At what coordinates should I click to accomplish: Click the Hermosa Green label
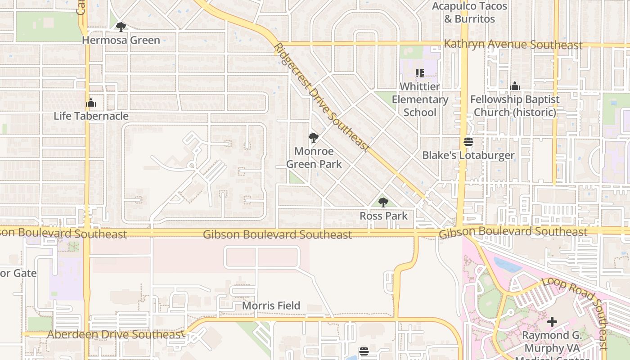point(121,40)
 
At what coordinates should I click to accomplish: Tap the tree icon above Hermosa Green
point(121,27)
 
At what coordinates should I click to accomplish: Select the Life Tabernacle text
point(91,116)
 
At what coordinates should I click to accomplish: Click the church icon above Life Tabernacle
point(91,103)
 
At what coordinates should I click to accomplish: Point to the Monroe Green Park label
point(314,157)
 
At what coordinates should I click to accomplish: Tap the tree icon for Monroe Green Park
point(314,138)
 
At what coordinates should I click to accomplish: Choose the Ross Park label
point(383,216)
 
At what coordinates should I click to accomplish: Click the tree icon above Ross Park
point(383,202)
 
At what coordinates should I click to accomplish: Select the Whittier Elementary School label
point(419,99)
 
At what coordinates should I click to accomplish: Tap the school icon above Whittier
point(419,73)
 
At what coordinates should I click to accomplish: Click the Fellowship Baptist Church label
point(515,105)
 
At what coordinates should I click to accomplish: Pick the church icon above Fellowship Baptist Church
point(515,86)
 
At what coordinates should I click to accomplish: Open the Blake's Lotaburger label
point(468,156)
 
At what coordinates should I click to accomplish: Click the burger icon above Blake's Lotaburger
point(468,142)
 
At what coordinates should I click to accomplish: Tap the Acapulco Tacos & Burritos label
point(469,13)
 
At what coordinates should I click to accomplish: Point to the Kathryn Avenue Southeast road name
point(513,45)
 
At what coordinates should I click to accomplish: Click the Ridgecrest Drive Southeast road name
point(321,97)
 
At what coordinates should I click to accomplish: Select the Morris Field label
point(271,306)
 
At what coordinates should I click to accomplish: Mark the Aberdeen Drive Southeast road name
point(114,335)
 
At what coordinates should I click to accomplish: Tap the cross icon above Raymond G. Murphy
point(552,322)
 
